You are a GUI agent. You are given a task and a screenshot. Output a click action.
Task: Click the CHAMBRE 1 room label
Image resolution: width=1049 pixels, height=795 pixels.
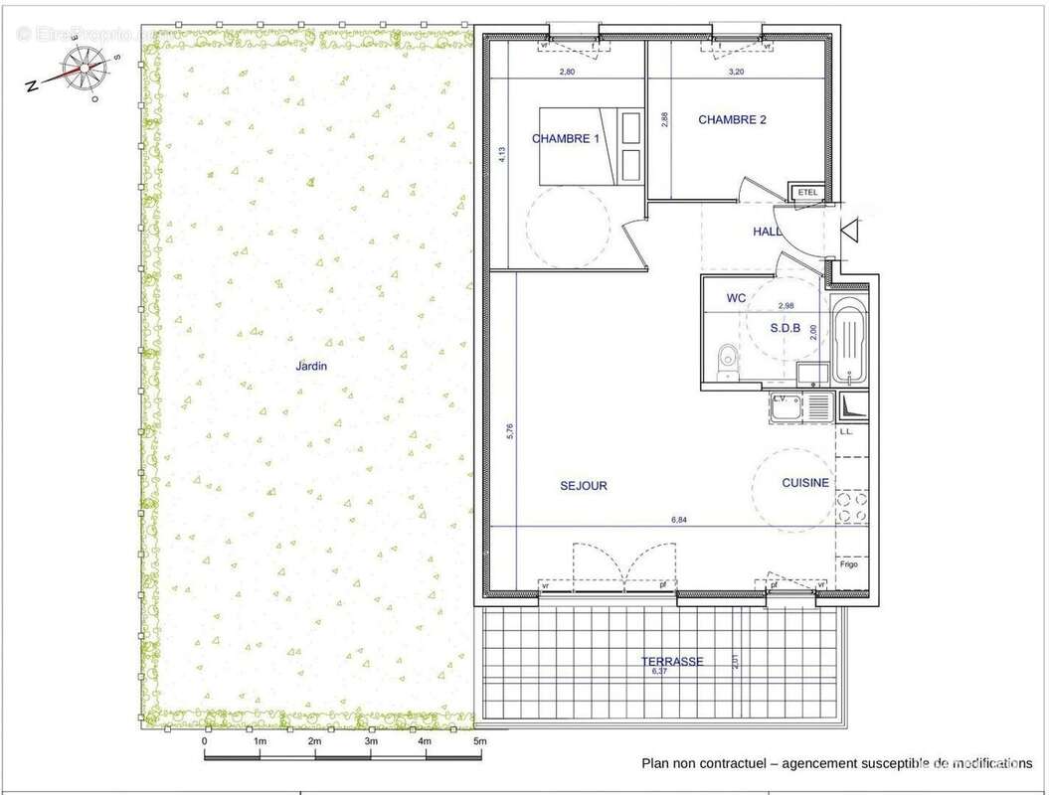tap(566, 139)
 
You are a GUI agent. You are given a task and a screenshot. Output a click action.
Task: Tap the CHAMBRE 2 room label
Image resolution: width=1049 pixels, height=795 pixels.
tap(733, 120)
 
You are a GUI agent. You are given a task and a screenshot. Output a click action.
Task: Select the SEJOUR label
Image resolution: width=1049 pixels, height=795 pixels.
tap(584, 486)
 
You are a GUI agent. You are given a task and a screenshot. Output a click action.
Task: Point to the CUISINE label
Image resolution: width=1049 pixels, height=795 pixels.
tap(805, 483)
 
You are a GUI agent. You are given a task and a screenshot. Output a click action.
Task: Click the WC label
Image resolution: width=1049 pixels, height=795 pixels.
tap(736, 297)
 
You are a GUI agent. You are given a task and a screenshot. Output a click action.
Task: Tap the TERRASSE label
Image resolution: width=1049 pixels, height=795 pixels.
tap(672, 661)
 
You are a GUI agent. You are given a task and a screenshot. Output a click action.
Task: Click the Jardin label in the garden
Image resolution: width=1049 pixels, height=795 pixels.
tap(311, 366)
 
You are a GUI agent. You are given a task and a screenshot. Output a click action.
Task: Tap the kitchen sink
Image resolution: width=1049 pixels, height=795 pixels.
tap(818, 405)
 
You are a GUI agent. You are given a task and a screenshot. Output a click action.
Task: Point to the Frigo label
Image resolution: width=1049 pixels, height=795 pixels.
tap(848, 563)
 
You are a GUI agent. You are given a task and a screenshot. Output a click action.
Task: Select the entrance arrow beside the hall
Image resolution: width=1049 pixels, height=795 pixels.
tap(851, 231)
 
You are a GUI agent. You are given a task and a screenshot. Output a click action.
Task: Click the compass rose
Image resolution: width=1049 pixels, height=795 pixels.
tap(74, 72)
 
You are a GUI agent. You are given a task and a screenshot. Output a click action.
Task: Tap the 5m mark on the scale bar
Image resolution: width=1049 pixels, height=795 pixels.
tap(479, 741)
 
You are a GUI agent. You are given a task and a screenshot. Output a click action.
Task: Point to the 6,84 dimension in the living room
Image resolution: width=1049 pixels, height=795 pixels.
tap(680, 519)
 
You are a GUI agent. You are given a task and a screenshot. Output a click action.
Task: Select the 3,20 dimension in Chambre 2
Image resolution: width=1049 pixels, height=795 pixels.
tap(736, 72)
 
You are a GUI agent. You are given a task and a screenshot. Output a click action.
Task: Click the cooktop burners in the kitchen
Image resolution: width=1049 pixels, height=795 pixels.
tap(850, 508)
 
